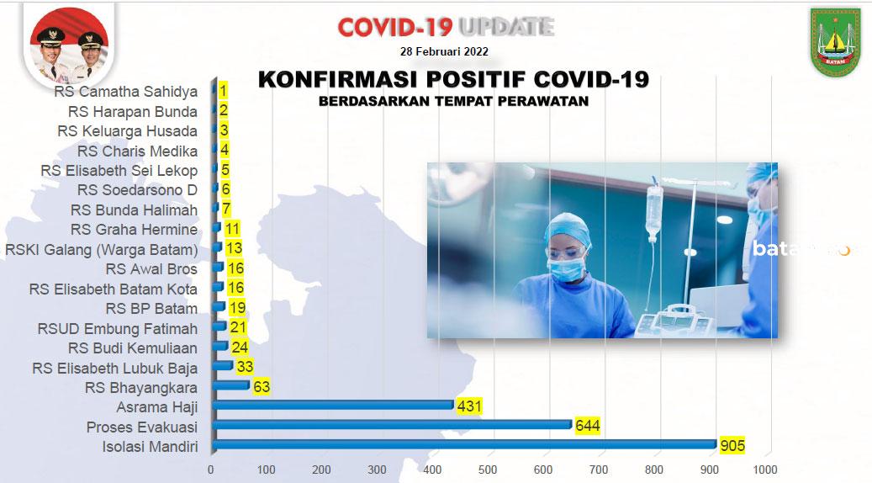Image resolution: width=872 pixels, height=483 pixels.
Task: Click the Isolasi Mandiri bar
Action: pos(464,444)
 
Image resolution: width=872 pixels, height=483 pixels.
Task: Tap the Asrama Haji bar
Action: pos(332,406)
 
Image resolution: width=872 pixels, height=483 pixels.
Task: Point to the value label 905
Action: pos(732,445)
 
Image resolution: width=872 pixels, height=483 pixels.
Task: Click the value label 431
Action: pos(469,406)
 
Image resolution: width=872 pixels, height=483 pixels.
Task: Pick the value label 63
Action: pos(262,387)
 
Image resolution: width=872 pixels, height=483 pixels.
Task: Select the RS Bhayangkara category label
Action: pos(141,388)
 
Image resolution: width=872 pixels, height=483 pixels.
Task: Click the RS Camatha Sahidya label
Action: pos(126,92)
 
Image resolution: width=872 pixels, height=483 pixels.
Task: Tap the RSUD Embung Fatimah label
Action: pos(118,328)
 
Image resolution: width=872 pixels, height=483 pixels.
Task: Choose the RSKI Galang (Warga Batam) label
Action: pos(101,250)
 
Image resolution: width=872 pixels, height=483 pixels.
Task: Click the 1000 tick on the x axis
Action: pos(764,470)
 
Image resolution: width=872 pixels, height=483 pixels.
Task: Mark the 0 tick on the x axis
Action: pos(211,470)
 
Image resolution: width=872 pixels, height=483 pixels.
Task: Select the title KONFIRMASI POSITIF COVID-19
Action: pos(453,80)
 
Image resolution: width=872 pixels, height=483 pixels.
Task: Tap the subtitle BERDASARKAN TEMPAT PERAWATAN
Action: pos(453,101)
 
